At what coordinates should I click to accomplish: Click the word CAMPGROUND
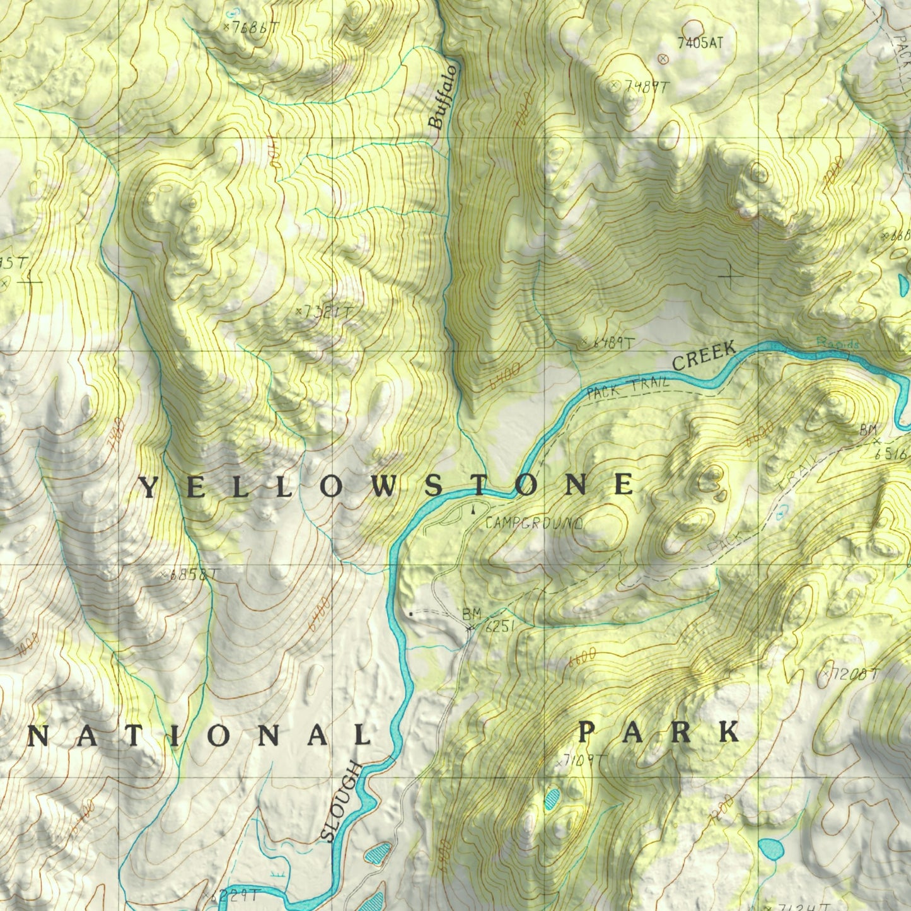click(x=534, y=523)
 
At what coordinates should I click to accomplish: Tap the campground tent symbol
click(x=473, y=508)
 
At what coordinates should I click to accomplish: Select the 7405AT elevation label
click(x=700, y=43)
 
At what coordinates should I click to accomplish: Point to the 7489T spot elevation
click(x=646, y=88)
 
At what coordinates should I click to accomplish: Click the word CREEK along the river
click(x=704, y=356)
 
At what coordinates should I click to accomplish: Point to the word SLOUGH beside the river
click(x=341, y=802)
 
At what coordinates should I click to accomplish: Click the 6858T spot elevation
click(x=193, y=574)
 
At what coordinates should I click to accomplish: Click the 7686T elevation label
click(x=254, y=27)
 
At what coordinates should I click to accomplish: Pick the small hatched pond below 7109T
click(x=552, y=799)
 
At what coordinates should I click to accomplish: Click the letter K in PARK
click(x=729, y=733)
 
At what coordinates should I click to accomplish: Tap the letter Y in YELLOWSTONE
click(x=148, y=487)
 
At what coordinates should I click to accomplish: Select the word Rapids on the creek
click(x=838, y=344)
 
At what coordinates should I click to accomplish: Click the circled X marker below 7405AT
click(x=663, y=59)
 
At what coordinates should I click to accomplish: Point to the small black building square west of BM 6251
click(x=411, y=613)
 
